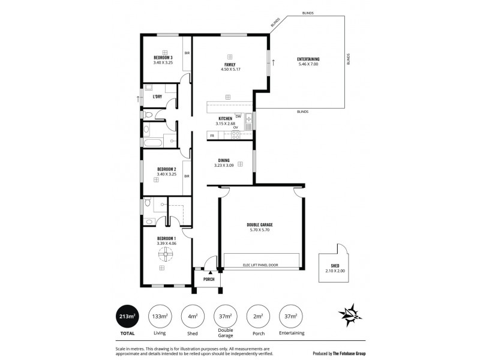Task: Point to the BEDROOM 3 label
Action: (163, 58)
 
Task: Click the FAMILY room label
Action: (229, 64)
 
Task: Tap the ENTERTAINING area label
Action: (308, 58)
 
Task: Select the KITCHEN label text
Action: (225, 119)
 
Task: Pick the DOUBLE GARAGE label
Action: (263, 225)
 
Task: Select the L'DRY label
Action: (157, 97)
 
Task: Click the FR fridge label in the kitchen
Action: (212, 136)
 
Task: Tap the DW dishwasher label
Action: (238, 116)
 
